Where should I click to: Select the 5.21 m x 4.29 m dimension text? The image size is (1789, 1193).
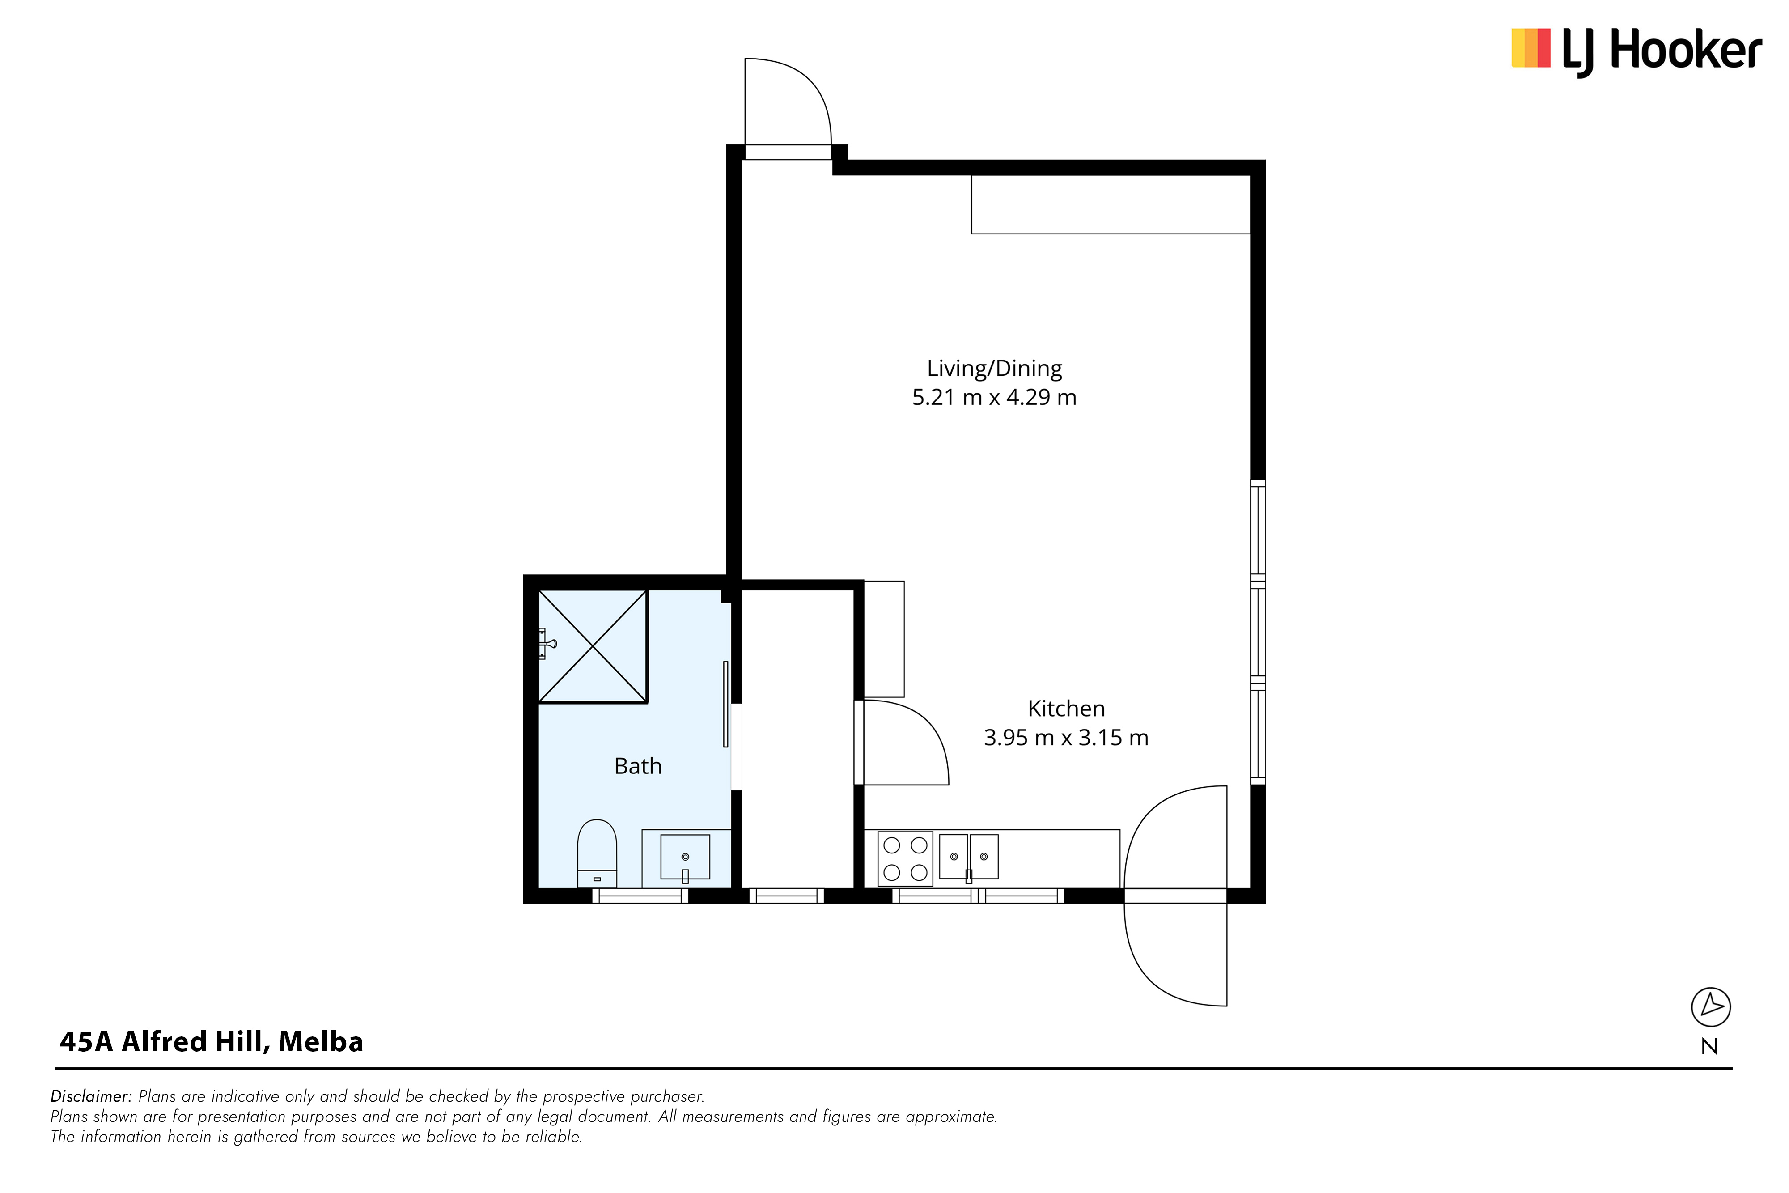pos(994,397)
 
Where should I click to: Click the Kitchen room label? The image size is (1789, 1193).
pos(1066,709)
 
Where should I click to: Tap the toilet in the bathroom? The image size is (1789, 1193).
pos(597,853)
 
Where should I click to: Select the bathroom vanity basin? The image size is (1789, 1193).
pos(685,858)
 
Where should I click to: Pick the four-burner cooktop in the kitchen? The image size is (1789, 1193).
pos(905,859)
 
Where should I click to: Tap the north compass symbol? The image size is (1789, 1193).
pos(1711,1006)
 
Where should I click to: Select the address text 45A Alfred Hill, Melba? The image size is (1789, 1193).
pos(212,1042)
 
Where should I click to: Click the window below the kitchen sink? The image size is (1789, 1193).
pos(978,896)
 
